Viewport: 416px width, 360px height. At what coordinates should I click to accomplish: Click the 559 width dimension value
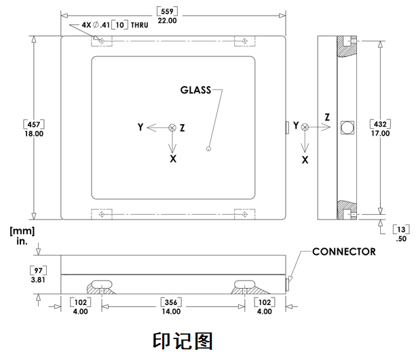166,11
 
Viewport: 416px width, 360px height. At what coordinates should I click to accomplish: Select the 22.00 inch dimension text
166,21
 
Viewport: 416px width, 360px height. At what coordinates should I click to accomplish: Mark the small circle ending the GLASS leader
208,148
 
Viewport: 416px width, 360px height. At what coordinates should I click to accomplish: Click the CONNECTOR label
343,252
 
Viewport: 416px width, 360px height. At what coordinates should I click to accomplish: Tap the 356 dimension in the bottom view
170,302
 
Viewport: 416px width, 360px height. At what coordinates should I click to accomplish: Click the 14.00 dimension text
170,312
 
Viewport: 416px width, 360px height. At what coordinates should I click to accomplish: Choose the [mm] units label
18,231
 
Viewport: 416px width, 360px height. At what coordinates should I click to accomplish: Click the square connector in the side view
346,127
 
